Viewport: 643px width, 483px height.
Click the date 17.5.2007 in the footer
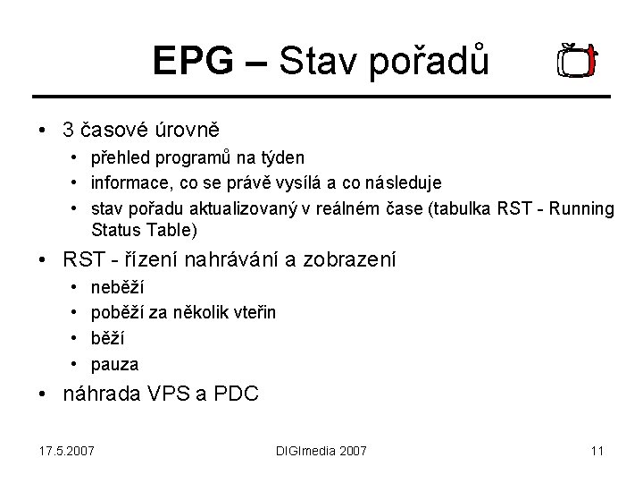point(67,451)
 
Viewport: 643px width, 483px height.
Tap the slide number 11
point(597,451)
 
